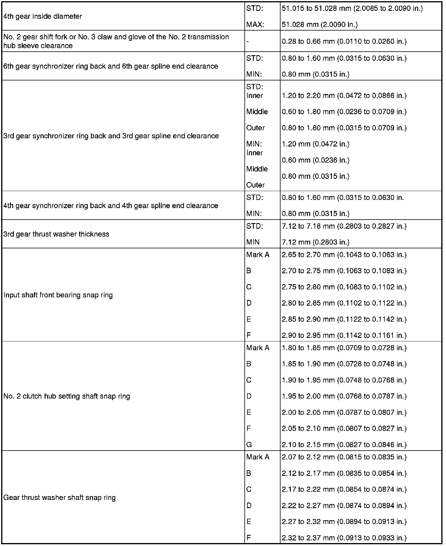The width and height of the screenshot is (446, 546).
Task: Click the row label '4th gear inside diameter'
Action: [x=43, y=16]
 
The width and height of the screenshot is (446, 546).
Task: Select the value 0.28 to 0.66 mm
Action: [x=344, y=41]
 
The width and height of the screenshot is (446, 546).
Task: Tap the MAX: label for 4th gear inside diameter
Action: [x=255, y=25]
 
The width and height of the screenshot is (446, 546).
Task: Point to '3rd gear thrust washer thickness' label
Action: [x=56, y=234]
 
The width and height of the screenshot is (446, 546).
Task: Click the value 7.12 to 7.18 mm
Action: [x=344, y=226]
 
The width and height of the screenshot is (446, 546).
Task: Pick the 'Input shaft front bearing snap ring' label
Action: [x=58, y=295]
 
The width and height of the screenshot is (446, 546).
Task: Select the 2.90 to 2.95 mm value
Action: [x=344, y=335]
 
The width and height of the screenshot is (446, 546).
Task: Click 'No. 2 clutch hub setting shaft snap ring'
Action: [x=67, y=396]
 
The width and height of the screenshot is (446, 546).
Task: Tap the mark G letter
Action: [x=249, y=445]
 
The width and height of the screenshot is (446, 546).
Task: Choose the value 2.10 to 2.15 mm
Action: [x=344, y=445]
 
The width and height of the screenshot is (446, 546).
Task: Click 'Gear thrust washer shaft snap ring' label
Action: [x=60, y=498]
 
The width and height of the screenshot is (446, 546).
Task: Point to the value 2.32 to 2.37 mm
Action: [x=344, y=538]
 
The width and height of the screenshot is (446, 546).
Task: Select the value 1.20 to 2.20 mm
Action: [x=344, y=96]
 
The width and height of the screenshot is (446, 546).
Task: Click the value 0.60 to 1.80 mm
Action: [x=344, y=112]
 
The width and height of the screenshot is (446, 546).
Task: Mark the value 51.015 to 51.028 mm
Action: [x=352, y=9]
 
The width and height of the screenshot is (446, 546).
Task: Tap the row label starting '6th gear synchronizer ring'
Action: [x=111, y=66]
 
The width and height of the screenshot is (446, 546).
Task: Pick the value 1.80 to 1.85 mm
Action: [x=344, y=348]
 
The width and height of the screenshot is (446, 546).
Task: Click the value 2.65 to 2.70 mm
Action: [x=344, y=255]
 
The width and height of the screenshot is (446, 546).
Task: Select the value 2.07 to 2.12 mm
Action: [x=344, y=457]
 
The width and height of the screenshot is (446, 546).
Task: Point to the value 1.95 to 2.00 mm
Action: [x=344, y=396]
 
